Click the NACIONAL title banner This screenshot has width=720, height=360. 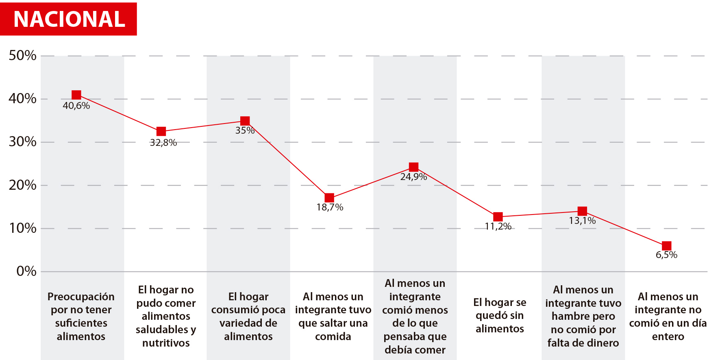(x=68, y=19)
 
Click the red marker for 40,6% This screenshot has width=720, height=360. (x=76, y=95)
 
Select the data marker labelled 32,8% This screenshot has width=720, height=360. (x=161, y=131)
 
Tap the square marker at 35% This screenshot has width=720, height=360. (x=245, y=121)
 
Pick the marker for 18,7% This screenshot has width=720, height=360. (x=329, y=198)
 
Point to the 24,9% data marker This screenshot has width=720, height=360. (x=413, y=167)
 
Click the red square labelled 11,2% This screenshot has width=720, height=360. (x=498, y=217)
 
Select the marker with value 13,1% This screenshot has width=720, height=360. (x=582, y=211)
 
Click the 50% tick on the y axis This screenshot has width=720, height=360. (x=22, y=56)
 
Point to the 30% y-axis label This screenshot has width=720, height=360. (x=22, y=142)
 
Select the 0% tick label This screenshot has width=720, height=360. (x=26, y=271)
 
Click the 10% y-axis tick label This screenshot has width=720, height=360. (x=22, y=228)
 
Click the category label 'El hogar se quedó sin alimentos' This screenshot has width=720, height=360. (x=500, y=315)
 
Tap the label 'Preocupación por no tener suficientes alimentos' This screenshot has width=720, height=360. (x=81, y=316)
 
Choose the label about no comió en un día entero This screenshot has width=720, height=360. (x=668, y=316)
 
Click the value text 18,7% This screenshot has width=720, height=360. (x=330, y=207)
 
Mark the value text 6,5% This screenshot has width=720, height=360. (x=666, y=255)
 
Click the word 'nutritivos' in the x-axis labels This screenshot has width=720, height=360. (x=166, y=343)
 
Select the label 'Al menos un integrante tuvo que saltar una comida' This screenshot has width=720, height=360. (x=333, y=316)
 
